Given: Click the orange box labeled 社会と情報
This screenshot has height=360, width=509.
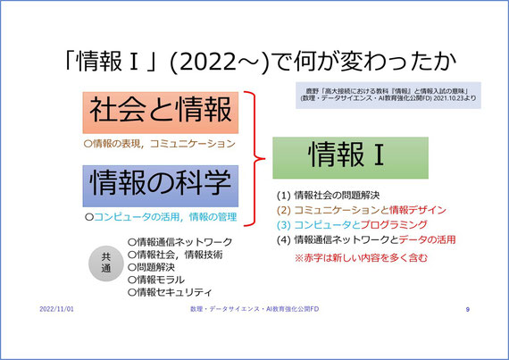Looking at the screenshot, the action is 161,113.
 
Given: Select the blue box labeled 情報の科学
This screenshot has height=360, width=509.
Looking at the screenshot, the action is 161,186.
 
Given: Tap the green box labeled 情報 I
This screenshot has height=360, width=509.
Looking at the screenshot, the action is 350,158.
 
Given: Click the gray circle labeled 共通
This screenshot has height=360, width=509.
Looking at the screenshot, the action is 106,263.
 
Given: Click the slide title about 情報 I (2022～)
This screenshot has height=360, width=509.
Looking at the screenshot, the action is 260,61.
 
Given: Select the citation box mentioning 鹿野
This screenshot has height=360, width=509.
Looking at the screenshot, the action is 388,95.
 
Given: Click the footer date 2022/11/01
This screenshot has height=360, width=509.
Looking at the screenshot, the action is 56,309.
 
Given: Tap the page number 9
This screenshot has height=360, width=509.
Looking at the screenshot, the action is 467,309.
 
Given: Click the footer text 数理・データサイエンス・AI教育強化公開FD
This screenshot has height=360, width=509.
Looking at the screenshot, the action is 254,309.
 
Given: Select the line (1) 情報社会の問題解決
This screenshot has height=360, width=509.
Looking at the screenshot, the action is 329,196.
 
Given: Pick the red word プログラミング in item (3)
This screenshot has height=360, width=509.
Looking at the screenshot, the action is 394,224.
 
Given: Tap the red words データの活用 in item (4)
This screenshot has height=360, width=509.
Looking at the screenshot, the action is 427,239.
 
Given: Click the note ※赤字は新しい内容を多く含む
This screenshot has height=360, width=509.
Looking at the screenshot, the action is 361,258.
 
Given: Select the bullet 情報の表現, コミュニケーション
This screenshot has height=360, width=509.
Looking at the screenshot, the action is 159,144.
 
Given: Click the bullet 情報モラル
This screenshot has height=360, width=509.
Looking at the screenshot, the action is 156,280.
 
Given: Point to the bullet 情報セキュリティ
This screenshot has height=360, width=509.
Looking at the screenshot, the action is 170,292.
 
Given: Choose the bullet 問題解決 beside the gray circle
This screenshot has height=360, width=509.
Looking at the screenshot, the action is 151,267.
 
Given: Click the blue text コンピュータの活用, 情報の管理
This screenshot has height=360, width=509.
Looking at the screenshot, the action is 165,217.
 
